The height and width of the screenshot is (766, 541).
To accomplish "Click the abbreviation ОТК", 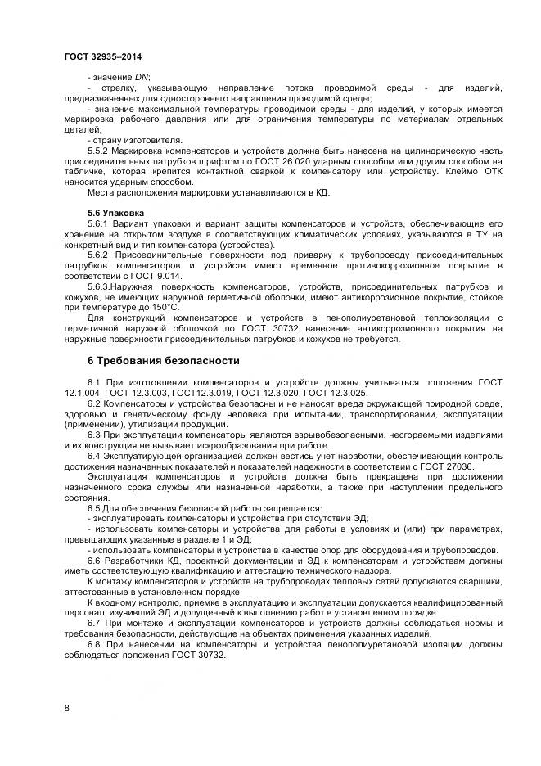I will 489,173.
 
